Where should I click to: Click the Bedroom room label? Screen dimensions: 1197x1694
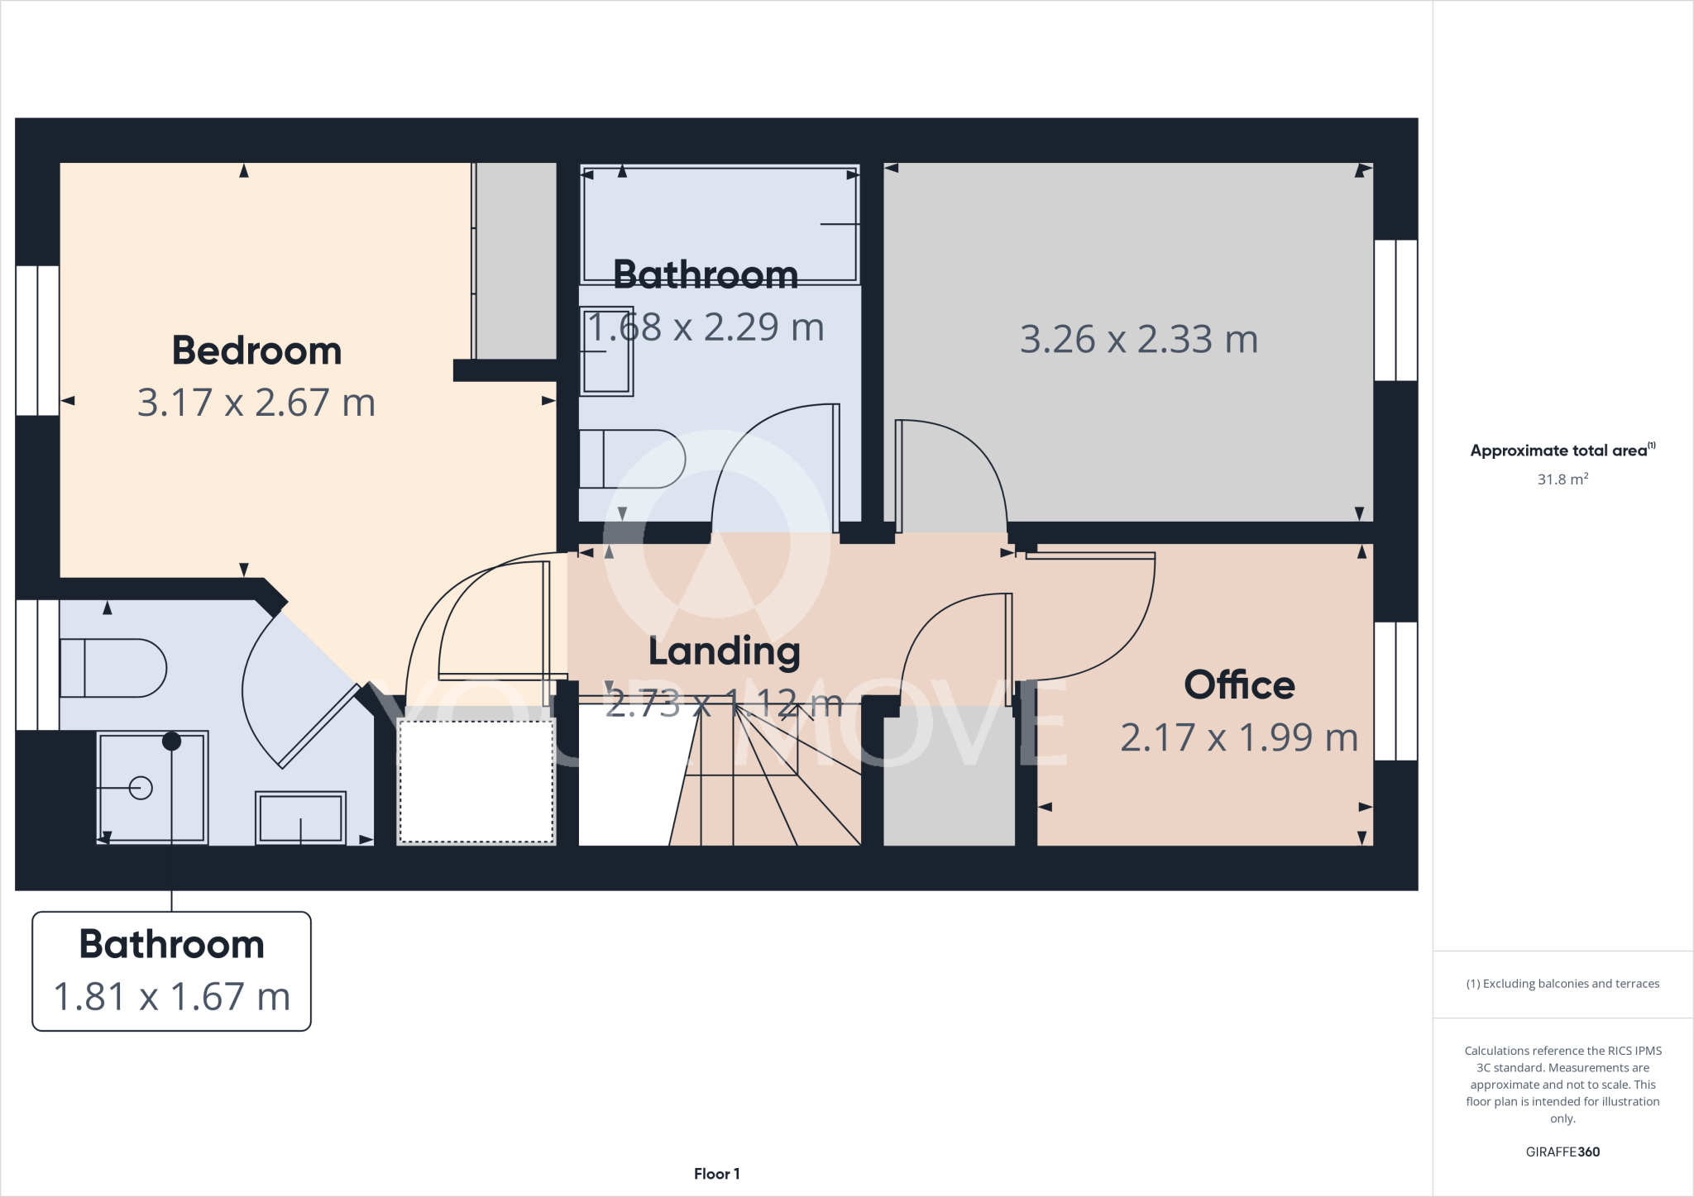click(256, 351)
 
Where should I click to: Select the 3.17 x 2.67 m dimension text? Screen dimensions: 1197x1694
click(256, 403)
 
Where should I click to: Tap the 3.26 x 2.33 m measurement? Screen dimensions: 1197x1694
click(1139, 339)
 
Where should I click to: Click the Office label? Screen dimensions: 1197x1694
click(1239, 685)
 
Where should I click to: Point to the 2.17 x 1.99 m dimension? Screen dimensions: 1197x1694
click(1239, 737)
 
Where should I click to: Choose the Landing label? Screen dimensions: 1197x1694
click(724, 651)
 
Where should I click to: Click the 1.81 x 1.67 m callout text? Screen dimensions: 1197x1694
click(172, 996)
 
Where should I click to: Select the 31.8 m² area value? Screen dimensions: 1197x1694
click(1562, 479)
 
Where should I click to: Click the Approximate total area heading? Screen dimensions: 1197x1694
click(1562, 451)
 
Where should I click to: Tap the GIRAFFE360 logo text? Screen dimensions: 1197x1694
click(1562, 1152)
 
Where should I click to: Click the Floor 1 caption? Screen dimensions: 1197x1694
click(716, 1174)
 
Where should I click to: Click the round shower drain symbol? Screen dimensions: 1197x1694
click(141, 788)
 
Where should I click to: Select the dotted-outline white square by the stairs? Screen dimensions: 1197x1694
click(476, 782)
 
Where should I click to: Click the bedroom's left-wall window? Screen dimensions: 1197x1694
click(37, 341)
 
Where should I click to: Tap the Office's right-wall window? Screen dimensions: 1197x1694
click(1396, 691)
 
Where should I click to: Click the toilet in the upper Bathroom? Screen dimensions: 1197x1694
click(631, 459)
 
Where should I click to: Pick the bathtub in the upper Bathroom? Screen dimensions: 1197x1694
click(720, 225)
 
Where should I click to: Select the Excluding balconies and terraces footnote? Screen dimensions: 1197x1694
click(1562, 984)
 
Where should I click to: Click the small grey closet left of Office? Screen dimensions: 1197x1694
click(949, 777)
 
